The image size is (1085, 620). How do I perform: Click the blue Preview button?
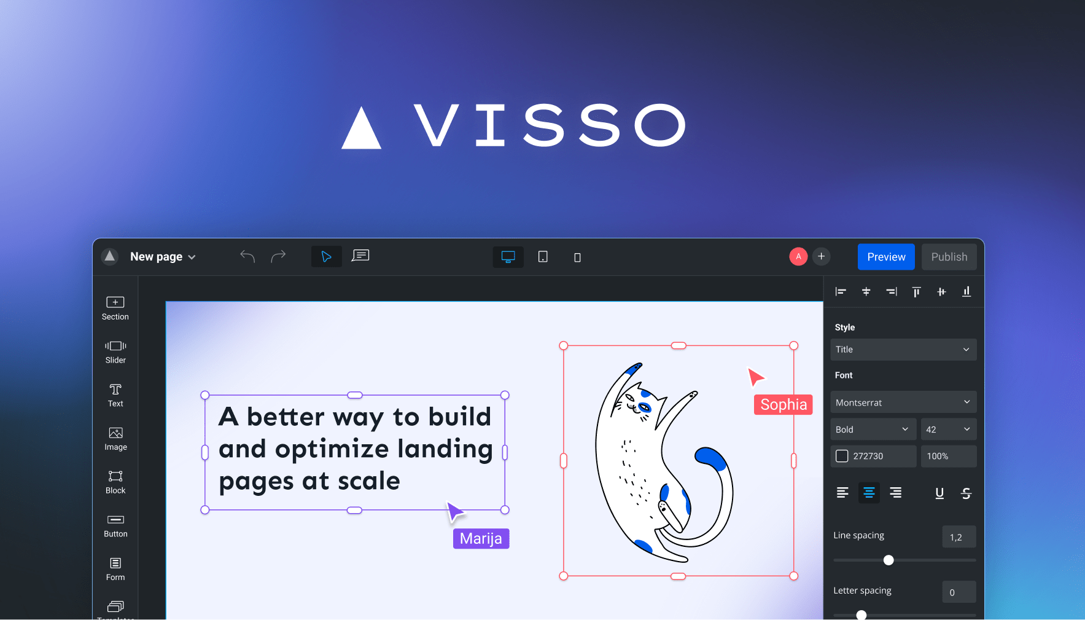tap(885, 257)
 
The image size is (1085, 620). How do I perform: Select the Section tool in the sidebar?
tap(115, 308)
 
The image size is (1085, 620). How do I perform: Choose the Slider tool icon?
tap(115, 351)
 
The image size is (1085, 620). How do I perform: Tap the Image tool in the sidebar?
tap(115, 439)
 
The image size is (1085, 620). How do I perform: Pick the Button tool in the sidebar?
tap(115, 525)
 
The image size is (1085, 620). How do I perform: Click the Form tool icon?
tap(115, 568)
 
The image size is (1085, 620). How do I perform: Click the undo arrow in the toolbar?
tap(247, 256)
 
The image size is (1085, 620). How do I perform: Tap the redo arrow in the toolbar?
tap(278, 256)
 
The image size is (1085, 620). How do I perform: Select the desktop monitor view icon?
tap(508, 257)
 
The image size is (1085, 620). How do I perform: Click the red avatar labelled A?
tap(798, 256)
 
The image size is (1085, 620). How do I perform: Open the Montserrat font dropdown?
tap(903, 402)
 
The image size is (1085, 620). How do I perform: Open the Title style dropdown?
tap(903, 350)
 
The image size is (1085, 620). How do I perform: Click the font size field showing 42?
tap(947, 430)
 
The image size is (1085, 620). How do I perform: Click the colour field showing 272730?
tap(873, 456)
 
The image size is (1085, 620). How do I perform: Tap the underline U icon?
tap(939, 493)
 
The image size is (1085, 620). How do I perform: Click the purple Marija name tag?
tap(481, 538)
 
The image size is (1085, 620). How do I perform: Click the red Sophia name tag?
tap(783, 404)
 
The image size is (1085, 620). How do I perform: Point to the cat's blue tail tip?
tap(709, 457)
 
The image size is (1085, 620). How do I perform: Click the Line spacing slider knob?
tap(888, 560)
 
